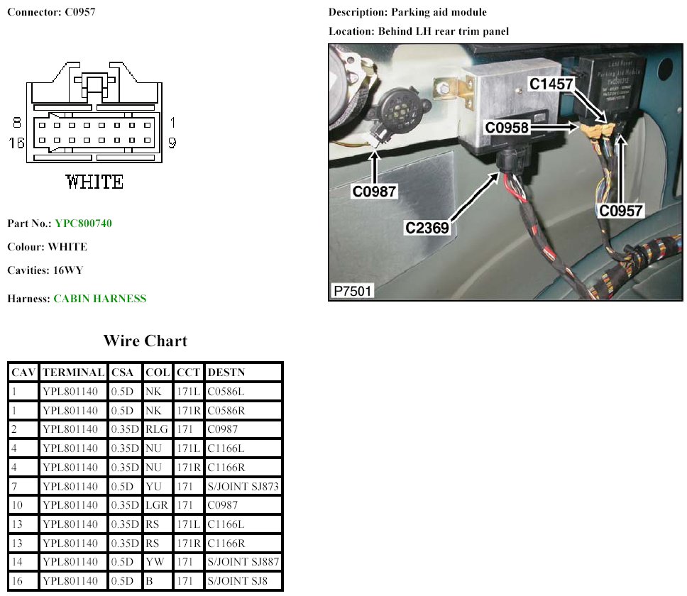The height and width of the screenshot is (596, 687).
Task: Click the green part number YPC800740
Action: pos(83,223)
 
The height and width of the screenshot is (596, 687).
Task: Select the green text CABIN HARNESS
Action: pos(100,299)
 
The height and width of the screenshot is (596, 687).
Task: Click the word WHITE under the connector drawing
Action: pos(94,182)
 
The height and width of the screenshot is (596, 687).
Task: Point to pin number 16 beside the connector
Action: pos(16,143)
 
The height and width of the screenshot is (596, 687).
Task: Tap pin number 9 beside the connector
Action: pos(172,143)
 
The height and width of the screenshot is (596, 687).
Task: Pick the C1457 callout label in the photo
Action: pos(551,84)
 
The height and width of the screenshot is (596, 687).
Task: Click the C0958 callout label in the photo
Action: pos(508,128)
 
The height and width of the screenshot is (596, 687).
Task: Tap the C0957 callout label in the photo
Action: pos(620,211)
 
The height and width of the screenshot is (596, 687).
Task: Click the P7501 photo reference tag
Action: pos(352,291)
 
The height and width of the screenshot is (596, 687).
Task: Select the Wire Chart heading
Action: pos(145,341)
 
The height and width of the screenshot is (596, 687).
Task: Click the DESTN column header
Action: pos(224,372)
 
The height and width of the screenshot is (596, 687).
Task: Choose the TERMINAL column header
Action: pos(73,372)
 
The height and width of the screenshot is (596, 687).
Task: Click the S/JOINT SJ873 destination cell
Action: pos(243,487)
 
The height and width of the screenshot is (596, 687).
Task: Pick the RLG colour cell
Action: pos(157,430)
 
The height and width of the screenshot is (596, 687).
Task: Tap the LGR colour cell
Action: pos(157,507)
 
